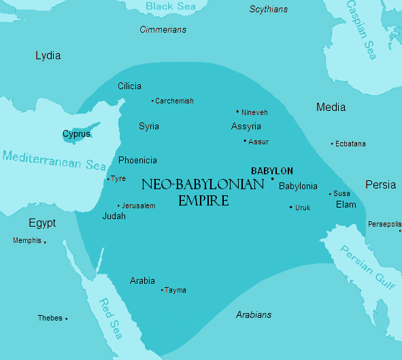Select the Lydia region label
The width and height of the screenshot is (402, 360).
tap(48, 55)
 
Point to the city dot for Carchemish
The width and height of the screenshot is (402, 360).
tap(152, 101)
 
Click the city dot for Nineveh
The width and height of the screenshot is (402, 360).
tap(237, 112)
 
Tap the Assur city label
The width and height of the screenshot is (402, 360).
tap(258, 142)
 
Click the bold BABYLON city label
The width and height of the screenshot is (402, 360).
tap(272, 171)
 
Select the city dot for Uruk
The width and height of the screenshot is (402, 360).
tap(291, 207)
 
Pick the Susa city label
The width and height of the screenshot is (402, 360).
tap(341, 193)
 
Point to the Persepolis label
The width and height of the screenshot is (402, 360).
tap(384, 224)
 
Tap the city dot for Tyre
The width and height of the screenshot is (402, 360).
tap(108, 179)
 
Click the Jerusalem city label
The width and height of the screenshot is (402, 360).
tap(139, 206)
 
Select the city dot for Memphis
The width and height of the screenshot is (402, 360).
tap(45, 242)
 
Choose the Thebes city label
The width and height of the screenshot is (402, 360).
tap(50, 318)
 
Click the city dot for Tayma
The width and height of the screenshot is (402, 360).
tap(162, 290)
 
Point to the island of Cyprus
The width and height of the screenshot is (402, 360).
tap(76, 134)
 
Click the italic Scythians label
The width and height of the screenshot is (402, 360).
tap(268, 10)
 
